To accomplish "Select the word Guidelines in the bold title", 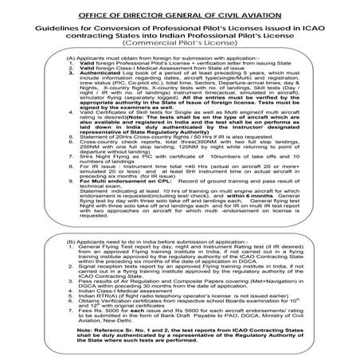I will click(x=54, y=26).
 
